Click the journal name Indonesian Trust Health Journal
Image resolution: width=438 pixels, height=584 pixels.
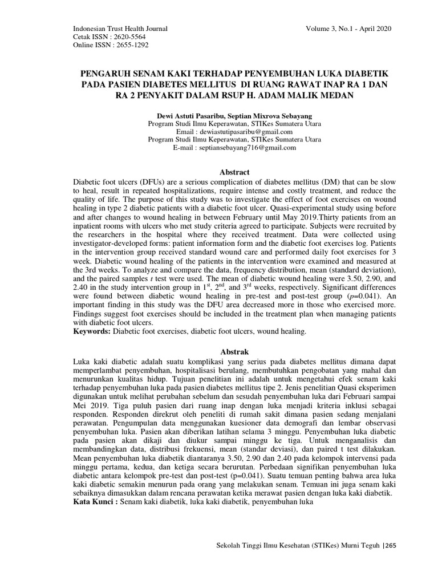point(121,29)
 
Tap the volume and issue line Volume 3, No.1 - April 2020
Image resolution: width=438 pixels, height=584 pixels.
point(349,29)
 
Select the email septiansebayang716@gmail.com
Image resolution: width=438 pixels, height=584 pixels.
point(246,148)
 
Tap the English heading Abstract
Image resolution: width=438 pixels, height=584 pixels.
point(234,172)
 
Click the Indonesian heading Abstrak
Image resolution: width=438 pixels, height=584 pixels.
point(234,352)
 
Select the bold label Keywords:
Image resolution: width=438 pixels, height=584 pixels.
point(93,331)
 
